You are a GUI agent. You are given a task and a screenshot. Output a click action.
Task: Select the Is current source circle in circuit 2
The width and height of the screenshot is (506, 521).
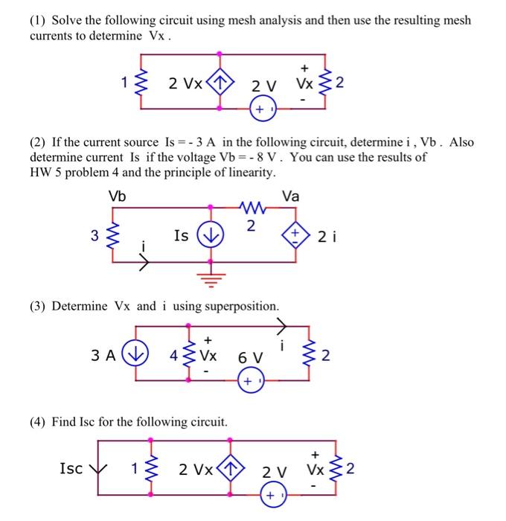click(212, 235)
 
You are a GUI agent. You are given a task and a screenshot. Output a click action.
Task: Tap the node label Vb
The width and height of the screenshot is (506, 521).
click(118, 196)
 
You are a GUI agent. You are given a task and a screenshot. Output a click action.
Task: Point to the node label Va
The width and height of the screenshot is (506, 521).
click(291, 196)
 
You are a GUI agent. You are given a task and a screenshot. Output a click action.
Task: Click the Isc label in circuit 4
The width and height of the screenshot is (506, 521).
click(71, 467)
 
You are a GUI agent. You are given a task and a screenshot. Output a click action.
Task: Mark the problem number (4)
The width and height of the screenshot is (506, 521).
click(39, 422)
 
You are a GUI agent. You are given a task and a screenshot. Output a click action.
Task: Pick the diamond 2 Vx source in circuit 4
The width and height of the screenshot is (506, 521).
click(231, 469)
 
